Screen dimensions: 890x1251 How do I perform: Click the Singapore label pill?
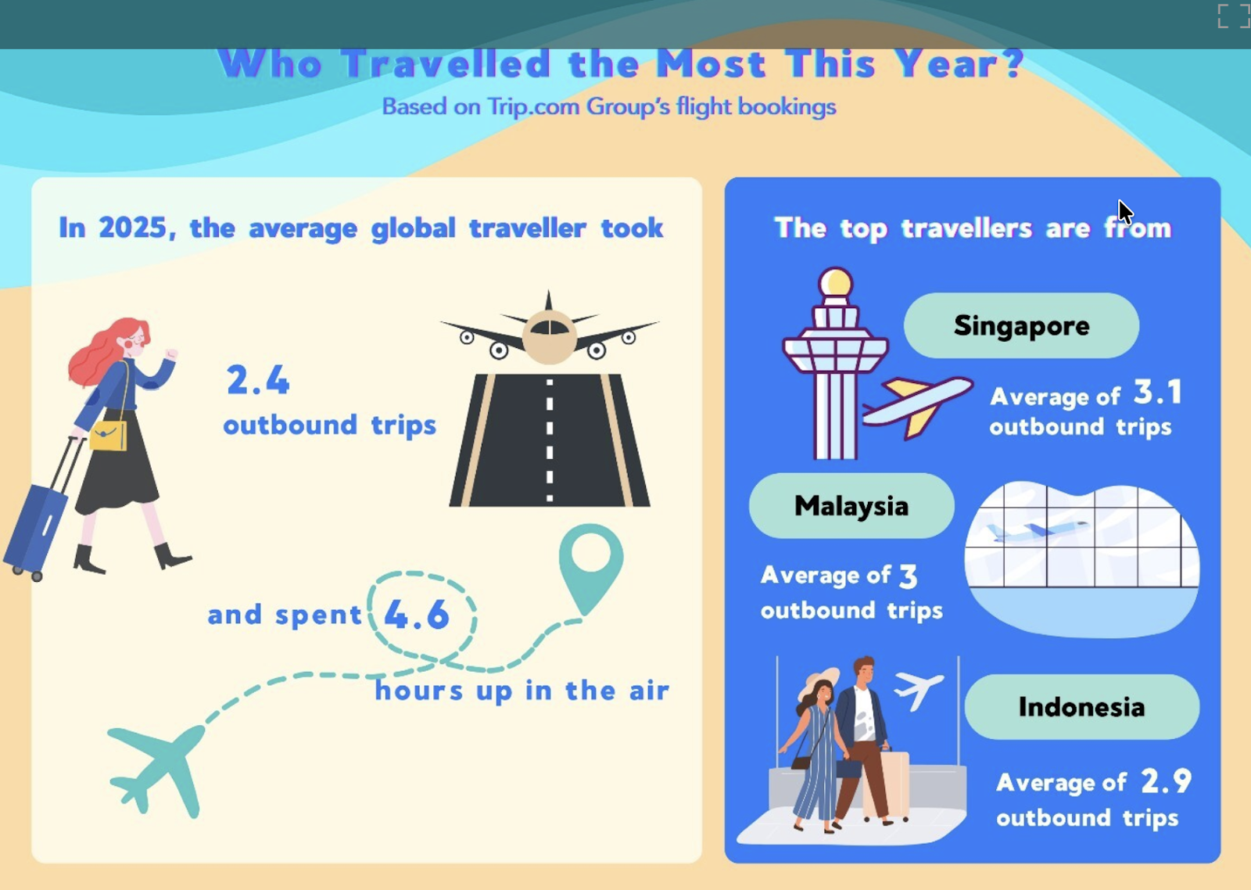click(1021, 325)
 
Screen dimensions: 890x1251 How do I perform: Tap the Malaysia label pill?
click(851, 506)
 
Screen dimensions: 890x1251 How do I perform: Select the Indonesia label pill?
click(1081, 707)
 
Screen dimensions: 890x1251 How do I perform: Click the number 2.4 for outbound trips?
click(258, 381)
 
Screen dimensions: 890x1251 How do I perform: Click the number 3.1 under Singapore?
click(1158, 393)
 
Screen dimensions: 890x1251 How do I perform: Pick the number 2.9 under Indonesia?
click(1166, 781)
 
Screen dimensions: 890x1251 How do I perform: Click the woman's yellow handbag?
click(108, 436)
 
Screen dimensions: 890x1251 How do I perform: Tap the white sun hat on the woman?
click(819, 682)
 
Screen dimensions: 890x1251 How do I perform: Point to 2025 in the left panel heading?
click(133, 228)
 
